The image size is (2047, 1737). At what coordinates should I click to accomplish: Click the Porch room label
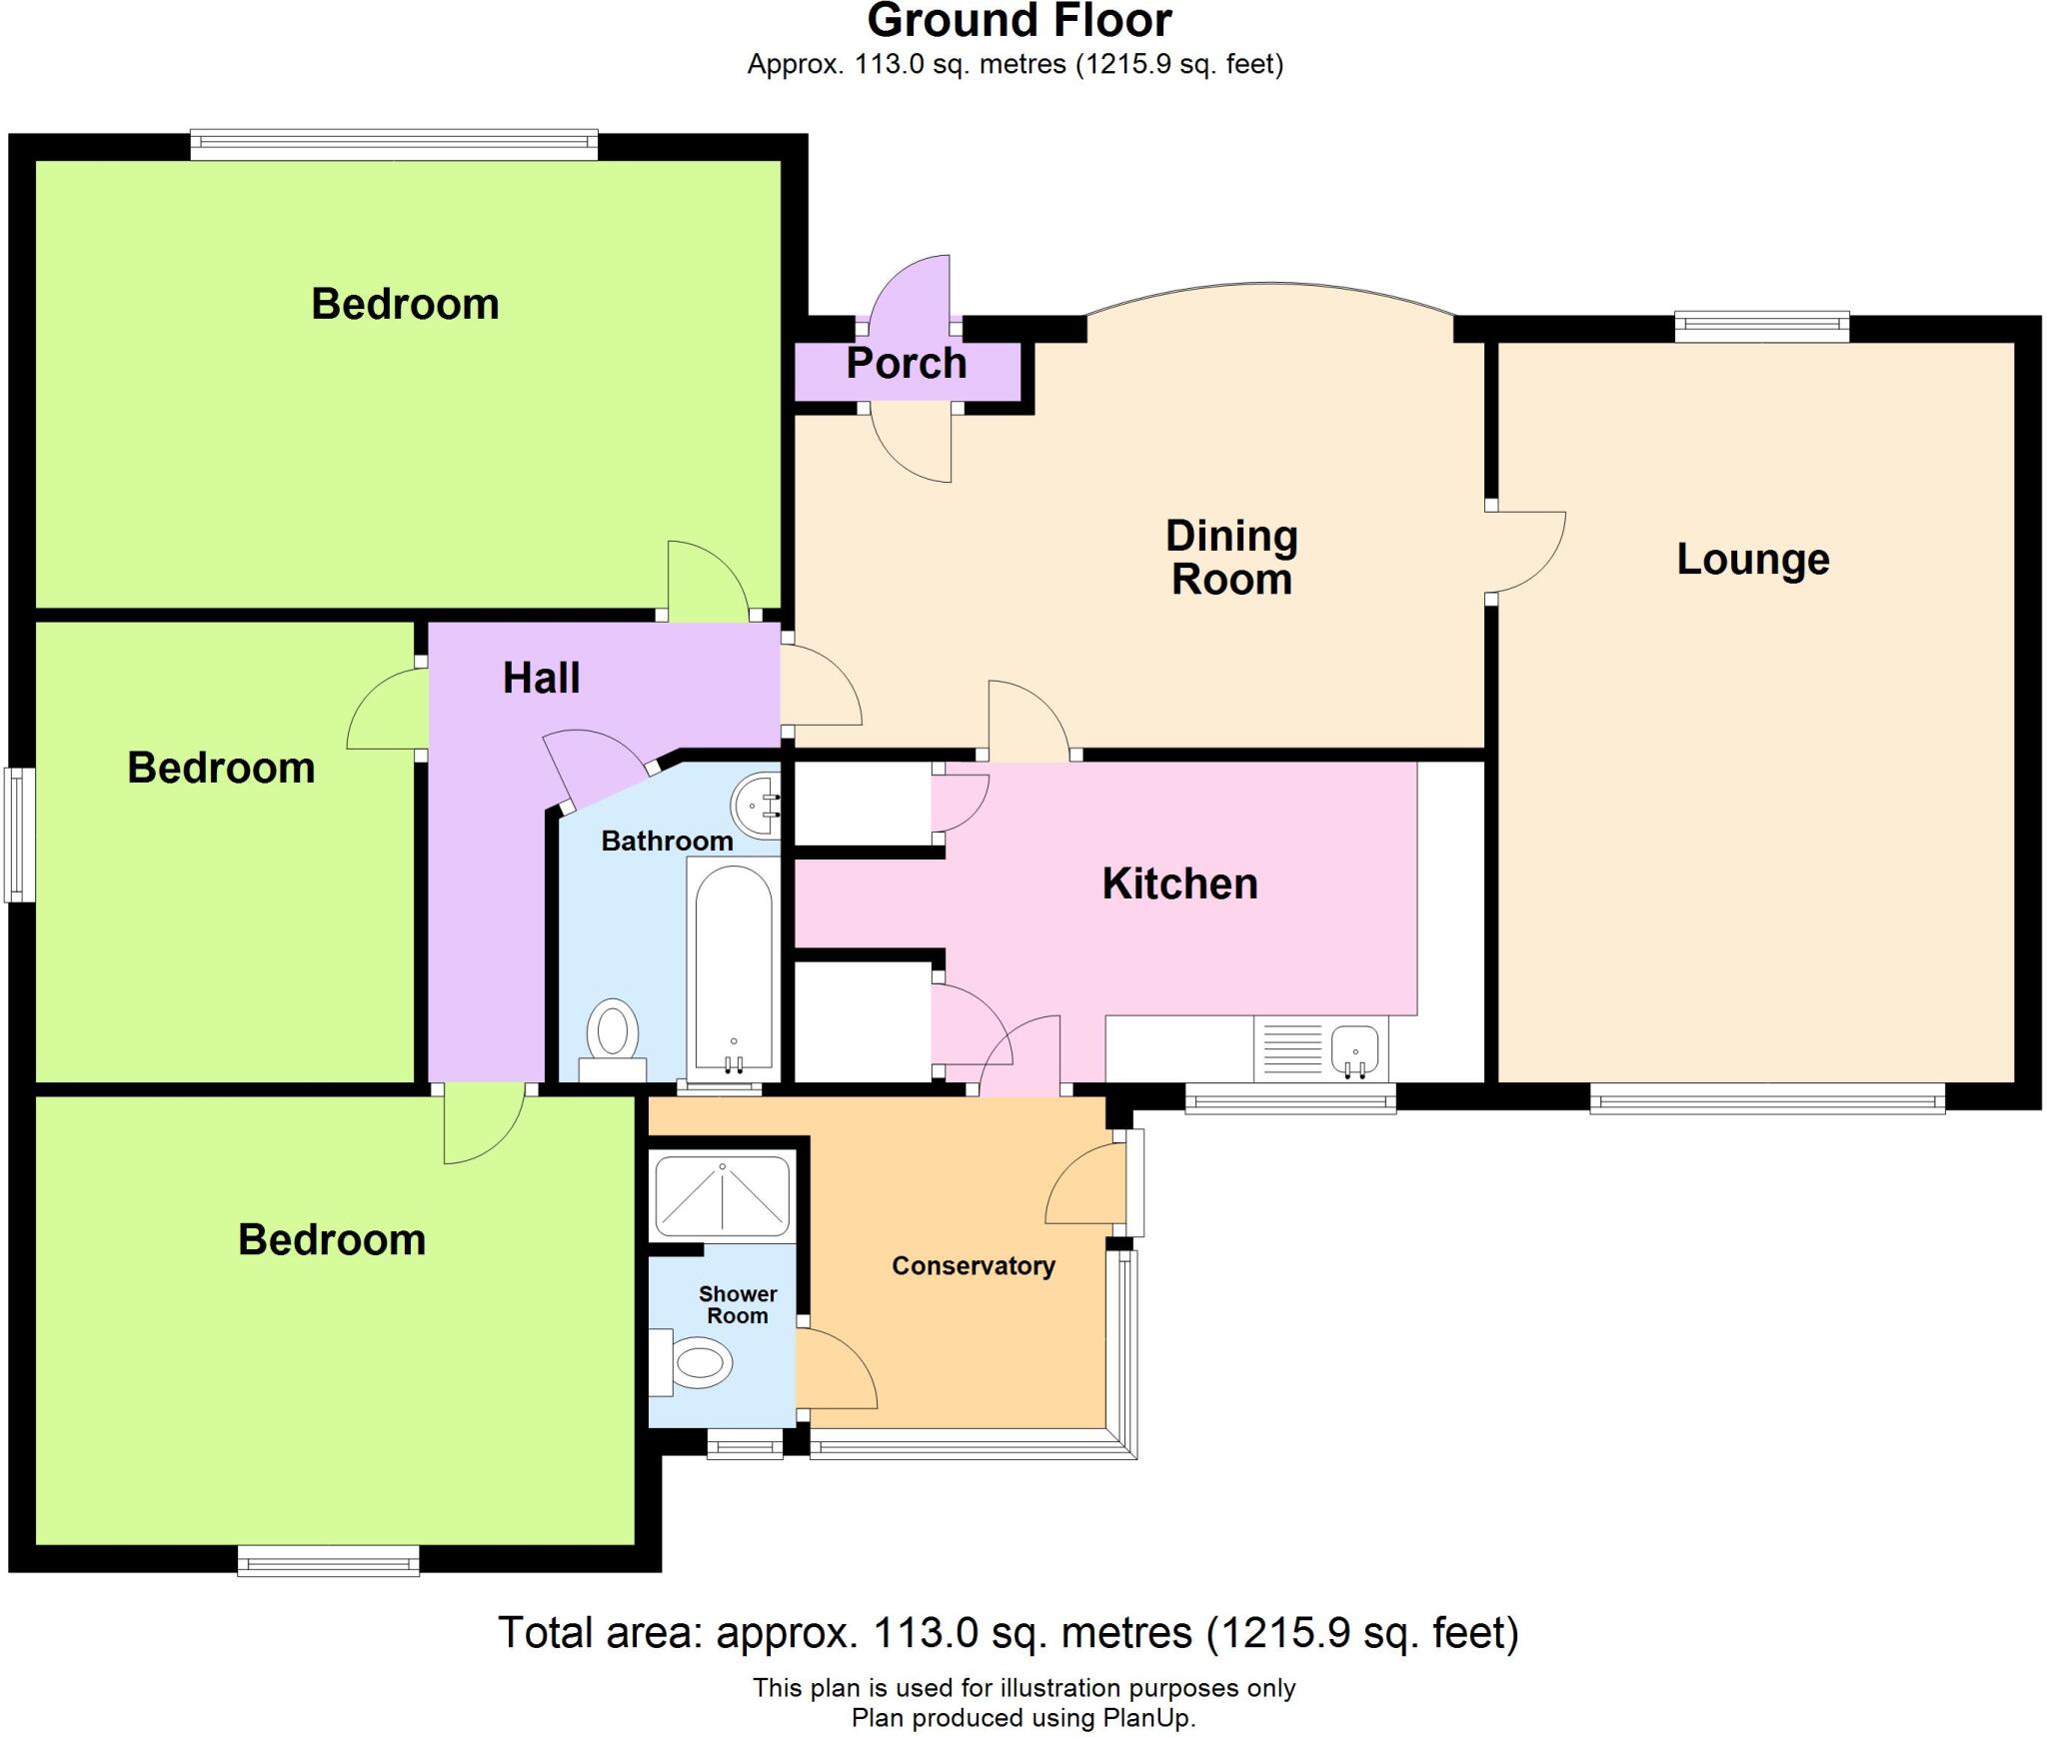(x=907, y=364)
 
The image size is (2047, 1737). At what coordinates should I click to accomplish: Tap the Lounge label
(x=1752, y=560)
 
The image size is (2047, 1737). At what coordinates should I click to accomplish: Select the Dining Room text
(x=1231, y=558)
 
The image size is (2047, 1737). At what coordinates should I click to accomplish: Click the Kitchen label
(x=1179, y=884)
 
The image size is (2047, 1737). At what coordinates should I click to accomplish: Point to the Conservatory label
(x=973, y=1266)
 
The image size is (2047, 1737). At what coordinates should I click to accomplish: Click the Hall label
(x=541, y=679)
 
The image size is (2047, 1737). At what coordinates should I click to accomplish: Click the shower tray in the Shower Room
(x=722, y=1197)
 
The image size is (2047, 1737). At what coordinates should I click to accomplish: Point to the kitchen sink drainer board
(x=1292, y=1049)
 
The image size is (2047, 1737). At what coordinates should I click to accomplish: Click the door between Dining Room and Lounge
(x=1527, y=553)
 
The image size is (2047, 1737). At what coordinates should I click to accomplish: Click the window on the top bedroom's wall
(x=394, y=146)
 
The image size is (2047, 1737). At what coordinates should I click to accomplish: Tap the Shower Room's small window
(x=745, y=1445)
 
